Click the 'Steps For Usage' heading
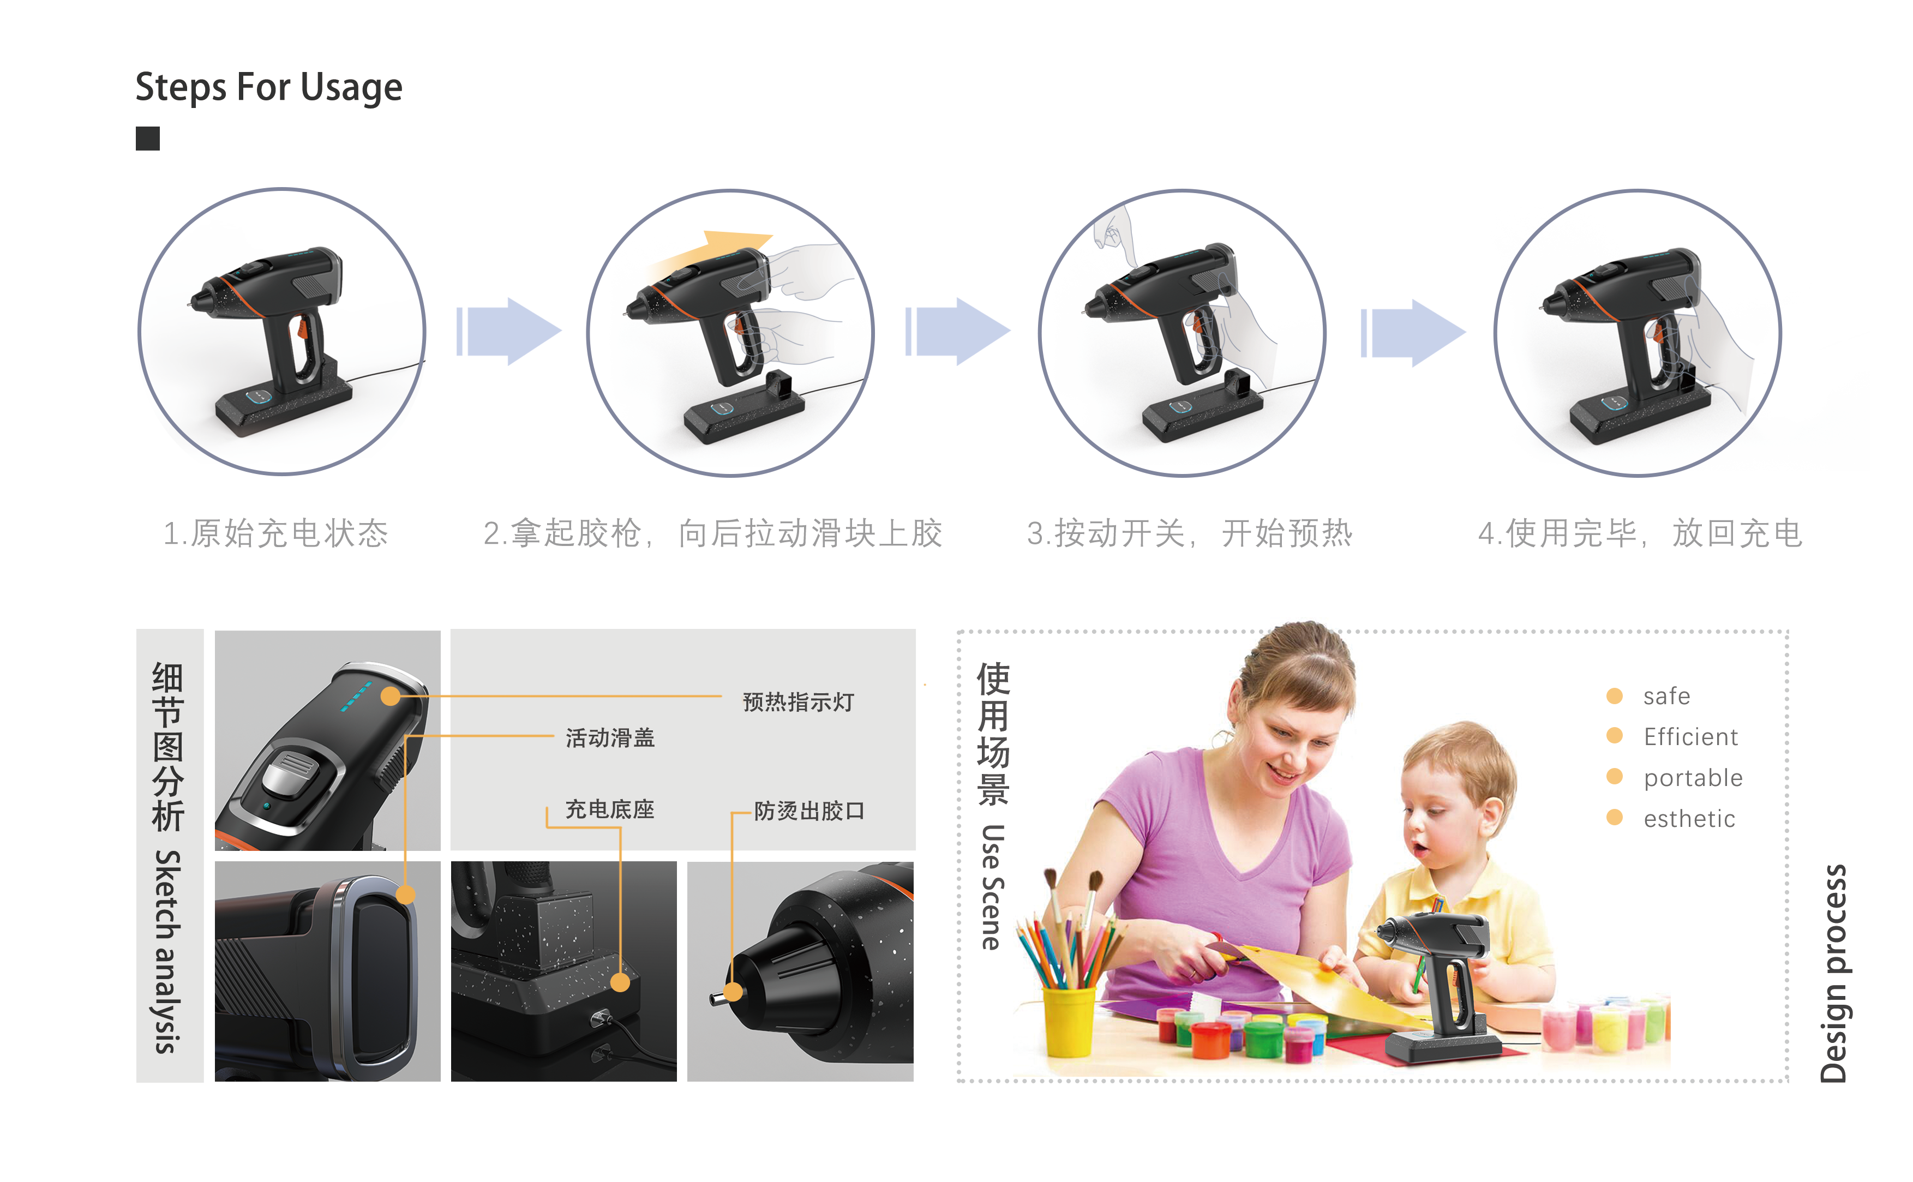click(x=268, y=87)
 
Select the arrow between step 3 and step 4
click(x=1413, y=332)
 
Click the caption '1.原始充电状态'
click(x=275, y=533)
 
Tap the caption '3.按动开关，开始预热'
click(x=1189, y=533)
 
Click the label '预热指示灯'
click(x=797, y=701)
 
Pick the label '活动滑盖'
click(x=610, y=737)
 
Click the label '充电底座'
click(x=610, y=809)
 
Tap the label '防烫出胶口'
click(x=809, y=811)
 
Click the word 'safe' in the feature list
click(x=1666, y=696)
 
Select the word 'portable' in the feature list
click(x=1693, y=778)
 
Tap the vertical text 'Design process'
click(x=1833, y=973)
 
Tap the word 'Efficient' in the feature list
click(x=1690, y=736)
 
